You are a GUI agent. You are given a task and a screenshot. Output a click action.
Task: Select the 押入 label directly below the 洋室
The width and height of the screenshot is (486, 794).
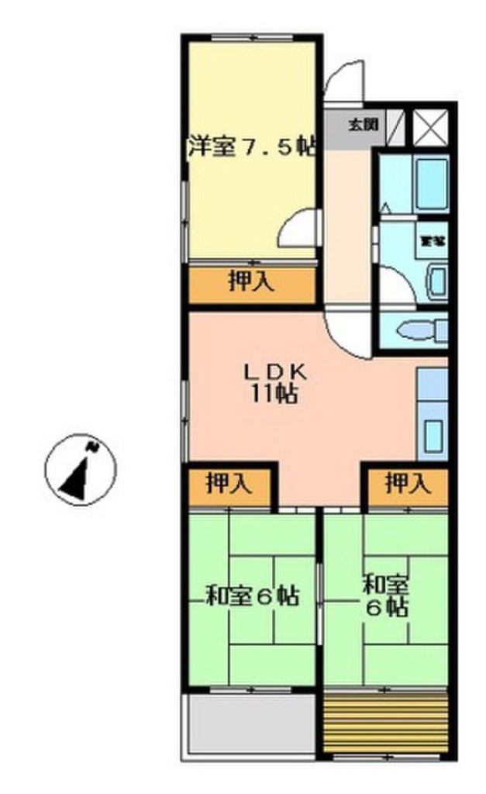[x=251, y=283]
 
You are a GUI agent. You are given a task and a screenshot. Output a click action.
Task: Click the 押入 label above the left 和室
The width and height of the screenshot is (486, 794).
[x=229, y=485]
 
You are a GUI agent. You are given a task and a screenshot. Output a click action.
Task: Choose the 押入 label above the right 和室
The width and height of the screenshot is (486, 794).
[x=407, y=485]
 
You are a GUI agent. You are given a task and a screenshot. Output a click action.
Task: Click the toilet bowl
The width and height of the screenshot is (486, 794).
[x=419, y=332]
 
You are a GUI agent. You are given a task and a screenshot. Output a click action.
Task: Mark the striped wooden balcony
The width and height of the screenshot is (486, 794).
[x=386, y=712]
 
